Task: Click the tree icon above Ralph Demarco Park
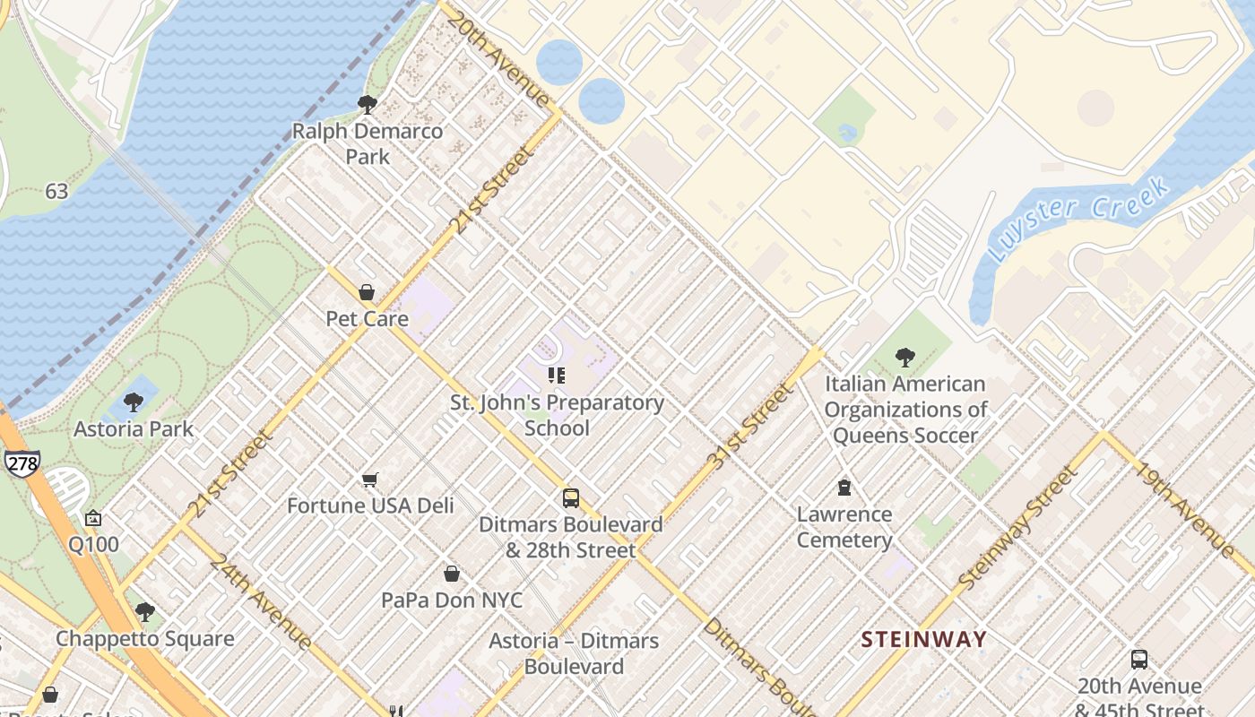[367, 104]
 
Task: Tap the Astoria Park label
[134, 429]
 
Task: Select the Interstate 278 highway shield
[21, 462]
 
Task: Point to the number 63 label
[56, 191]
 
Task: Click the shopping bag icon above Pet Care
[366, 292]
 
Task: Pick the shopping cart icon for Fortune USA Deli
[369, 480]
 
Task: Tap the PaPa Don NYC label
[452, 600]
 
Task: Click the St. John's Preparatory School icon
[556, 376]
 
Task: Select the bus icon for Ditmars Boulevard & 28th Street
[570, 498]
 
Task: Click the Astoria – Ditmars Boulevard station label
[573, 653]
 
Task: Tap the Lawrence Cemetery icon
[844, 488]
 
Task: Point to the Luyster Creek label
[1079, 218]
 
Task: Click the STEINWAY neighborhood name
[923, 640]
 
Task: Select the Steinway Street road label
[1016, 529]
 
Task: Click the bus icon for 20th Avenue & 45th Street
[1138, 660]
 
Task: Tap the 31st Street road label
[751, 427]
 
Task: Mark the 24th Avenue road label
[260, 600]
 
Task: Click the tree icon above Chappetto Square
[144, 613]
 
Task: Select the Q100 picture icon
[93, 519]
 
